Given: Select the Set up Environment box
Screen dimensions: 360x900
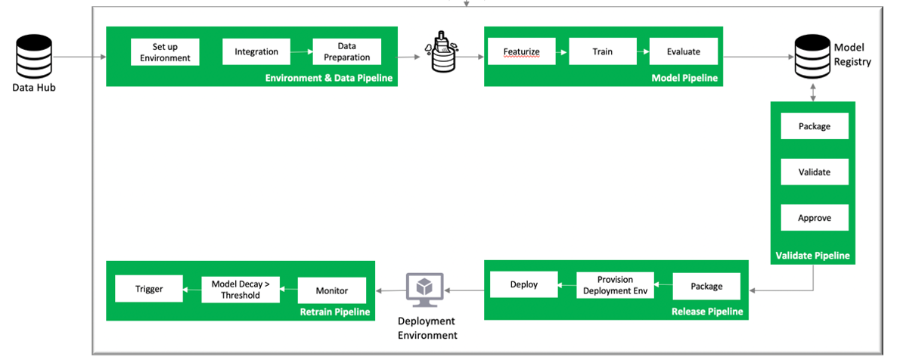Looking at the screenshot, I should coord(165,52).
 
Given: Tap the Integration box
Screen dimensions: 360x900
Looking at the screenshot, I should coord(256,52).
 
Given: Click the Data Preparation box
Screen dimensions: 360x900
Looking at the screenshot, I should coord(347,52).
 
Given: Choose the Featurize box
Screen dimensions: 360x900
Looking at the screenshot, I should coord(521,52).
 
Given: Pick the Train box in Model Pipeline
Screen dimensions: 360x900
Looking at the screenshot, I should coord(602,52).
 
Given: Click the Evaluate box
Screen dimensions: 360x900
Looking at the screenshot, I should coord(683,52).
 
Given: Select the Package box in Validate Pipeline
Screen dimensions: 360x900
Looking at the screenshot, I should coord(814,126).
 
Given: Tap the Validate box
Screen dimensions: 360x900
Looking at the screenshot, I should coord(814,172).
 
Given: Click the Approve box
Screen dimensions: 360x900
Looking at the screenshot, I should coord(814,218).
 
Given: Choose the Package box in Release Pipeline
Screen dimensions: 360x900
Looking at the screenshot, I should coord(706,286).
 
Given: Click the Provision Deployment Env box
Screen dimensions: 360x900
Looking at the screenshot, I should coord(615,285).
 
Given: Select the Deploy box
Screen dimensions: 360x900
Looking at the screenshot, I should coord(523,285).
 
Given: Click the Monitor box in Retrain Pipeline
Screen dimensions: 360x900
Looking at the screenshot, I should coord(332,290).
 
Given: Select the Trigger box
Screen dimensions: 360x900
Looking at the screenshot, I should coord(149,289).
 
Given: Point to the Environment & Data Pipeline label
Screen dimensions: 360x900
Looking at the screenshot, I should coord(329,78).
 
